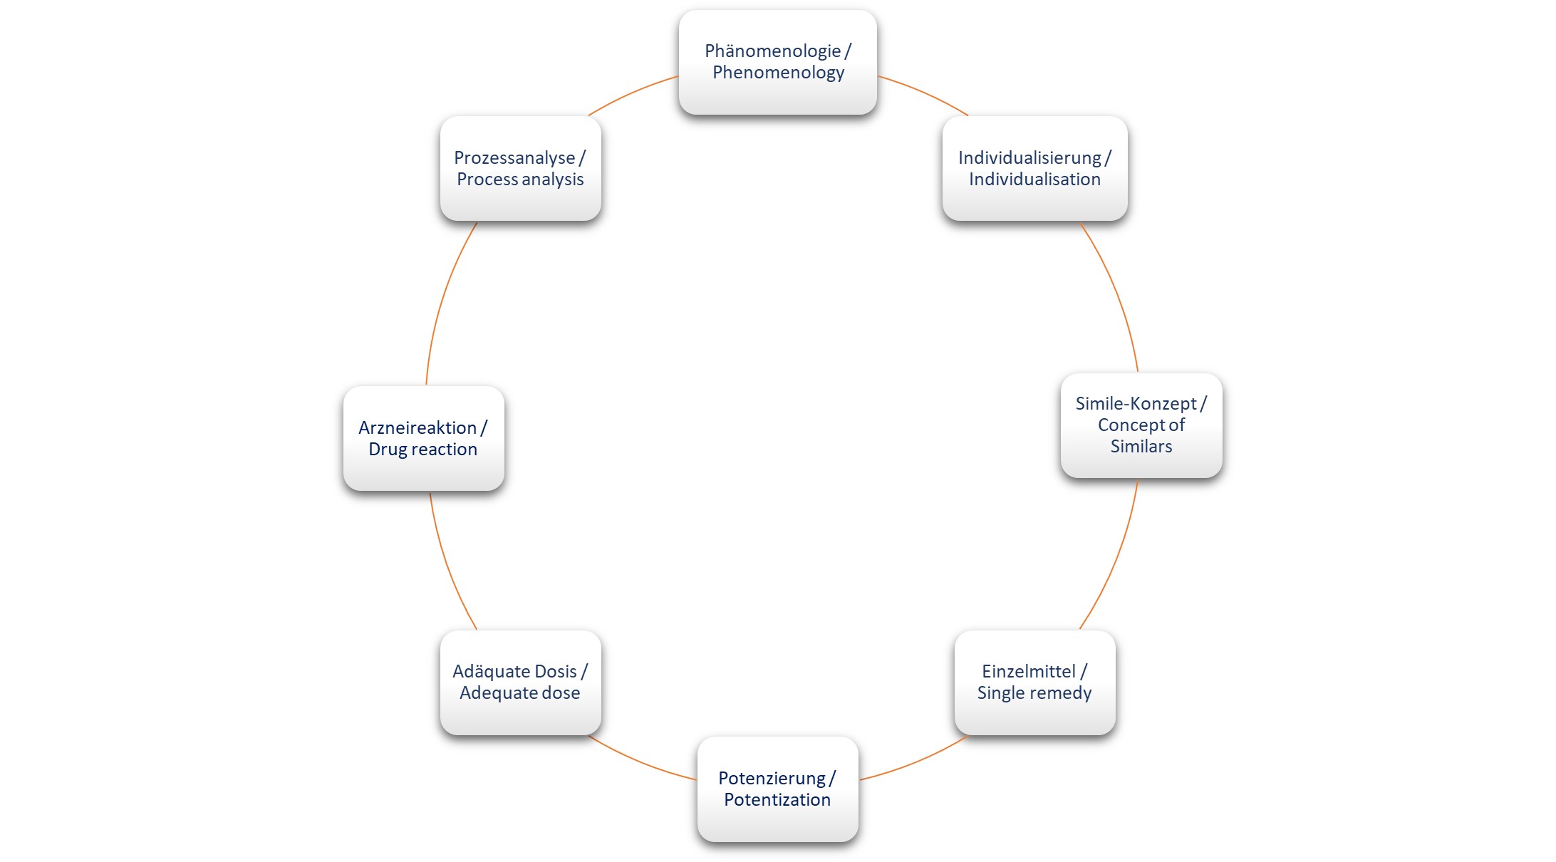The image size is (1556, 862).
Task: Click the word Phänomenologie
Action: [772, 51]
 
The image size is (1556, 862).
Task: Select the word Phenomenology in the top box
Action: [778, 73]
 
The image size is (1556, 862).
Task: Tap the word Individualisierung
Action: [1029, 158]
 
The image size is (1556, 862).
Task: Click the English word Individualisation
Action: [1034, 180]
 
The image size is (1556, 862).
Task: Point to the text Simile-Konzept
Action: [1136, 404]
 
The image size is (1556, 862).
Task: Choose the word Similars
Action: [1141, 447]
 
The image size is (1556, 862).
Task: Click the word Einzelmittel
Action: [1028, 672]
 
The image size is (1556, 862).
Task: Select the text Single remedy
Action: [1034, 693]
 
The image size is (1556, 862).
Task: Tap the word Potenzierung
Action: [772, 779]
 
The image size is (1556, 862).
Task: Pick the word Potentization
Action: [777, 800]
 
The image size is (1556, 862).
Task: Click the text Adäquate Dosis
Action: [514, 672]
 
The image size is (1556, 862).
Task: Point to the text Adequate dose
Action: [520, 693]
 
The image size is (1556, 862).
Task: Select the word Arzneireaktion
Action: [417, 428]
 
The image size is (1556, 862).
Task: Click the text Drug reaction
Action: [423, 450]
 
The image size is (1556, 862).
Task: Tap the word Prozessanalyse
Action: [514, 158]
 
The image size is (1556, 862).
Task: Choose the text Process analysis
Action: [520, 180]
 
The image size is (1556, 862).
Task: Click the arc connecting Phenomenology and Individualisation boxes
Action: [926, 93]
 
